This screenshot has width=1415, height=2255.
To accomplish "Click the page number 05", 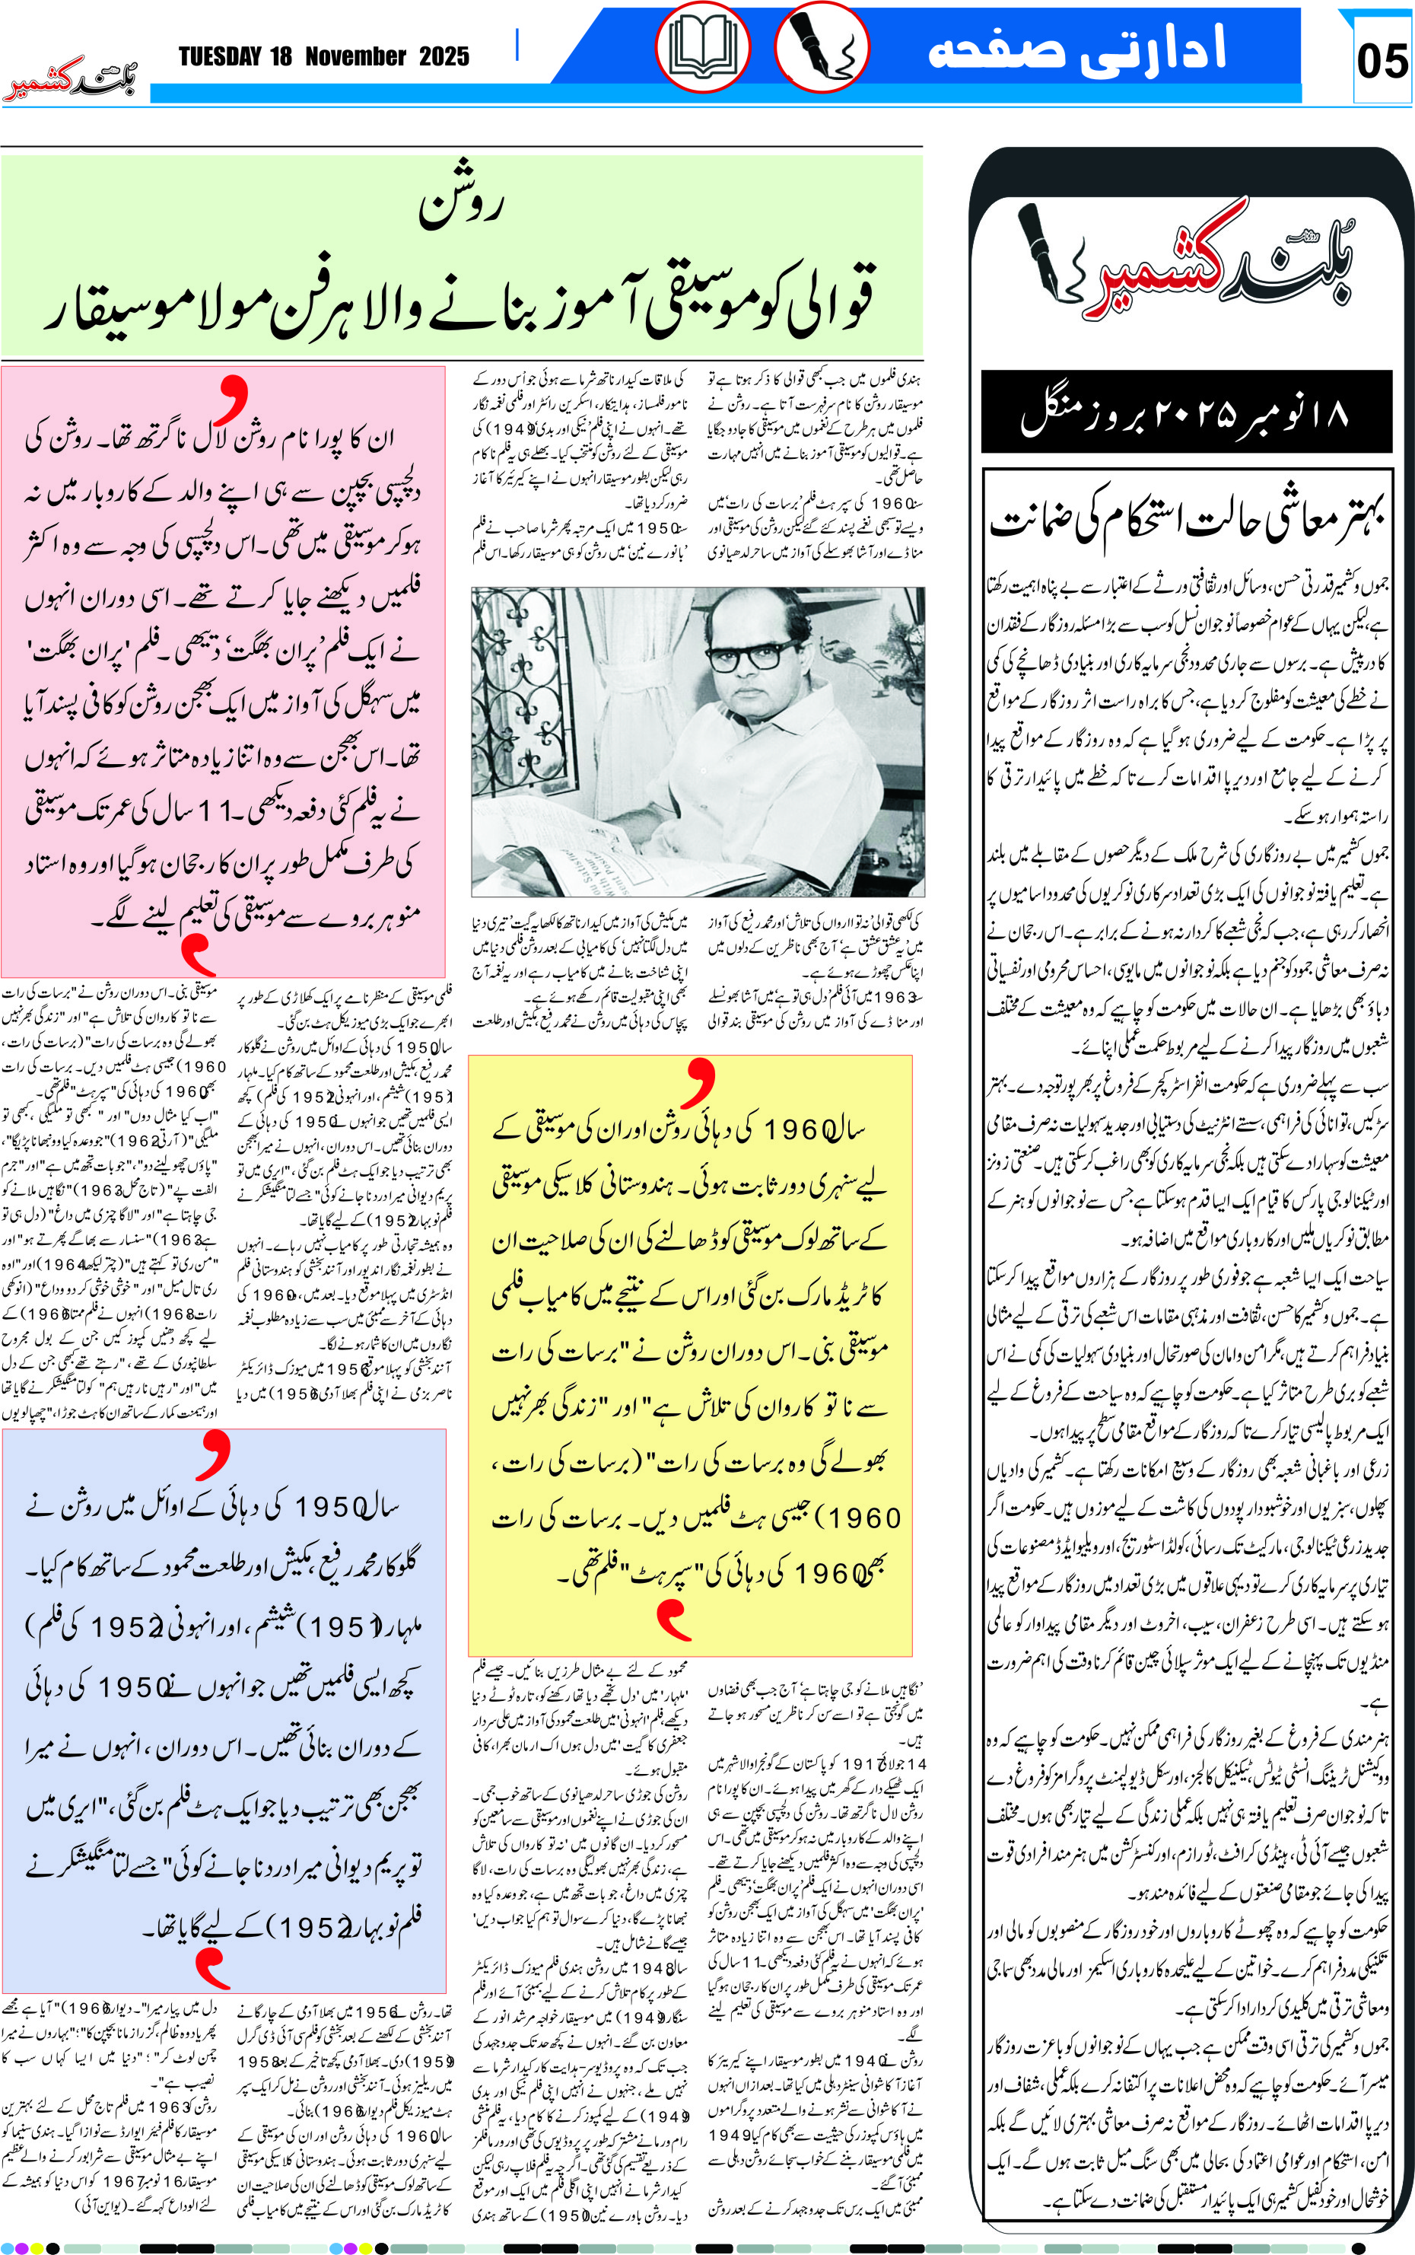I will click(x=1382, y=62).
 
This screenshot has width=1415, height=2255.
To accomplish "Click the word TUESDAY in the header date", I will click(x=220, y=57).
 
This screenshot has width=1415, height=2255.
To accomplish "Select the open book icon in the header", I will click(x=702, y=46).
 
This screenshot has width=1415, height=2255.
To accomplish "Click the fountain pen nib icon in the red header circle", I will click(x=822, y=46).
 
